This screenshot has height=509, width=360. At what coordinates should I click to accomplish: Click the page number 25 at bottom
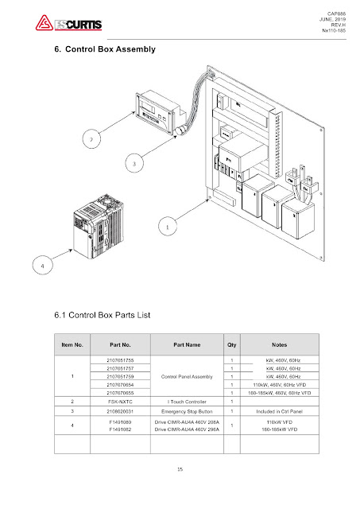[180, 471]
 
